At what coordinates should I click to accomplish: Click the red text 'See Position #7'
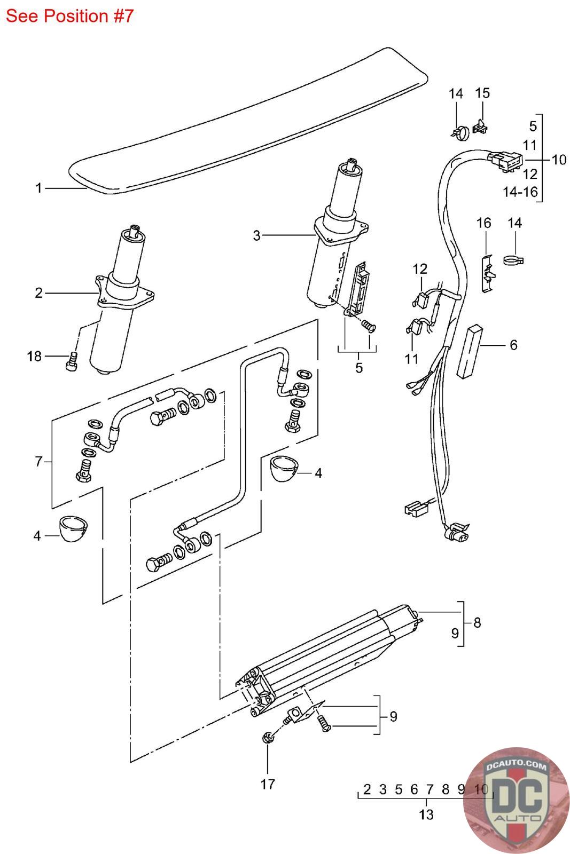coord(70,16)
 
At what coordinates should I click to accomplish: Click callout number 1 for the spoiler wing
coord(38,188)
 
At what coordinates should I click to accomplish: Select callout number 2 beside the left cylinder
coord(39,293)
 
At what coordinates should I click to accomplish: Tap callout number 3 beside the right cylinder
coord(257,235)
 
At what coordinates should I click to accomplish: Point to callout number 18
coord(34,357)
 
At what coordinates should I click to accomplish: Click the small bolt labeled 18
coord(72,361)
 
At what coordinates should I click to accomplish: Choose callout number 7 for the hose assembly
coord(38,462)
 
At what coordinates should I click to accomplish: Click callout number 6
coord(513,345)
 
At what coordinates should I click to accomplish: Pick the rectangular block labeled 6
coord(469,352)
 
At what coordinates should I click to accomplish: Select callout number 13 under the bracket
coord(426,815)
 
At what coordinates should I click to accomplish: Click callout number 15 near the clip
coord(482,93)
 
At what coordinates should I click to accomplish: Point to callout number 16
coord(484,223)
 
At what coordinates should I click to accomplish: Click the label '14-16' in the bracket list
coord(520,192)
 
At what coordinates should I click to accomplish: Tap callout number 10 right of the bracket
coord(559,160)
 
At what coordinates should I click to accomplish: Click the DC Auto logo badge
coord(516,800)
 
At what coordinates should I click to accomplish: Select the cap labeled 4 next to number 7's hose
coord(74,528)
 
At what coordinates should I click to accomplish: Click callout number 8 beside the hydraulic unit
coord(477,622)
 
